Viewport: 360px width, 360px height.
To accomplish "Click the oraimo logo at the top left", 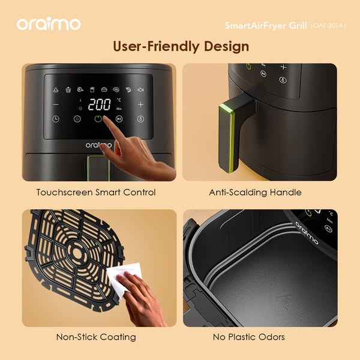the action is coord(49,23).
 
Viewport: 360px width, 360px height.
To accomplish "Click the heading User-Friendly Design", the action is coord(181,46).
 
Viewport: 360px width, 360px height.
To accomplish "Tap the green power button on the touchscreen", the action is coord(98,119).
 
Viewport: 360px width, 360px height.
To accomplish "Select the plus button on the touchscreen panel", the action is coord(140,104).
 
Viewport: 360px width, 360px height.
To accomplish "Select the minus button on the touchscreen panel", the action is coord(56,104).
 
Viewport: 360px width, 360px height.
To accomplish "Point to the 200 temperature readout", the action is coord(100,104).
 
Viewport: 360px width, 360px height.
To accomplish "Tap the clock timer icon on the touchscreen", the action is coord(56,119).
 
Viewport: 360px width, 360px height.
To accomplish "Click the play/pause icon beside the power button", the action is coord(119,119).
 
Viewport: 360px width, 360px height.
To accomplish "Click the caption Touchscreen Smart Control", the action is coord(96,192).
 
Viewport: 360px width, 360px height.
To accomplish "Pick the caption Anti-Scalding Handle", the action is coord(255,192).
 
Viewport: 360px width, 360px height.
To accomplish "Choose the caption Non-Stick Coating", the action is coord(96,337).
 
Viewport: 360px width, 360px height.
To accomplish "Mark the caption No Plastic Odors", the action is coord(248,337).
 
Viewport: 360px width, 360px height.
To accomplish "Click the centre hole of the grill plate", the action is coord(77,253).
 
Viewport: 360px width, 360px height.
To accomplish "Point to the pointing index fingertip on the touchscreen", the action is coord(105,118).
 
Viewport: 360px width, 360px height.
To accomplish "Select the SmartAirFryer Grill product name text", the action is coord(266,25).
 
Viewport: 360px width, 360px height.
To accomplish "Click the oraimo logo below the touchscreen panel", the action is coord(98,145).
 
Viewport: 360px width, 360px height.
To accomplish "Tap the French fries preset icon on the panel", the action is coord(92,89).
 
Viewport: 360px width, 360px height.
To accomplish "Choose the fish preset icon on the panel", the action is coord(140,89).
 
